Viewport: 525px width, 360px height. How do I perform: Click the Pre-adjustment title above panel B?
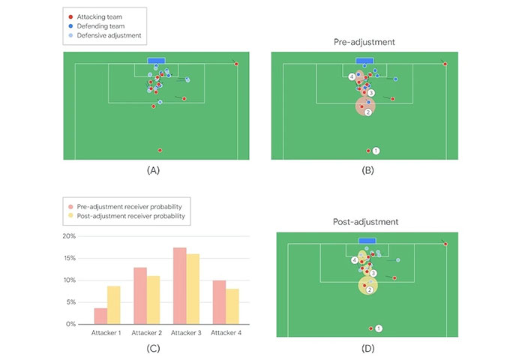[364, 42]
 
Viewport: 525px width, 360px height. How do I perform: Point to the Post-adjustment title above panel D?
[364, 222]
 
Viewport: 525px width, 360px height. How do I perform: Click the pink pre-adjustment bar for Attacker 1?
[100, 316]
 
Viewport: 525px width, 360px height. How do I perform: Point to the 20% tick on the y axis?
[69, 236]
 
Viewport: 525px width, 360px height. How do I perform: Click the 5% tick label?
[70, 302]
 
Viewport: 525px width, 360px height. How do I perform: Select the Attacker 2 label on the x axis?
[147, 332]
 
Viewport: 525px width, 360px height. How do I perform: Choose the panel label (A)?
[154, 170]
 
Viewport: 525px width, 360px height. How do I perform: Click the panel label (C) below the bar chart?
[154, 349]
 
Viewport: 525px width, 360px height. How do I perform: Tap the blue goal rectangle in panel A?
[156, 61]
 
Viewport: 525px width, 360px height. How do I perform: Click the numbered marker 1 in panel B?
[376, 151]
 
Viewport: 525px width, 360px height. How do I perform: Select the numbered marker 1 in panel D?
[379, 328]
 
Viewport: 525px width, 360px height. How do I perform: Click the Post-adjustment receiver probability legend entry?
[130, 216]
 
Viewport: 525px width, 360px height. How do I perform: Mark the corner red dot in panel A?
[236, 64]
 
